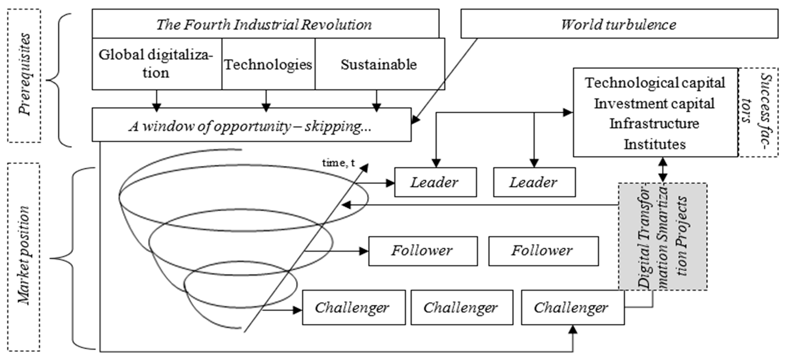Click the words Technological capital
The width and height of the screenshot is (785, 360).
click(655, 83)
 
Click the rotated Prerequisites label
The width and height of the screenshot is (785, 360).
click(24, 75)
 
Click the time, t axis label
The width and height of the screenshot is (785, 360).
click(338, 163)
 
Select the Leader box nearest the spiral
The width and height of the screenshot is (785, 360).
click(435, 182)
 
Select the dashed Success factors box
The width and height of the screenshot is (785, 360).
click(758, 112)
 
